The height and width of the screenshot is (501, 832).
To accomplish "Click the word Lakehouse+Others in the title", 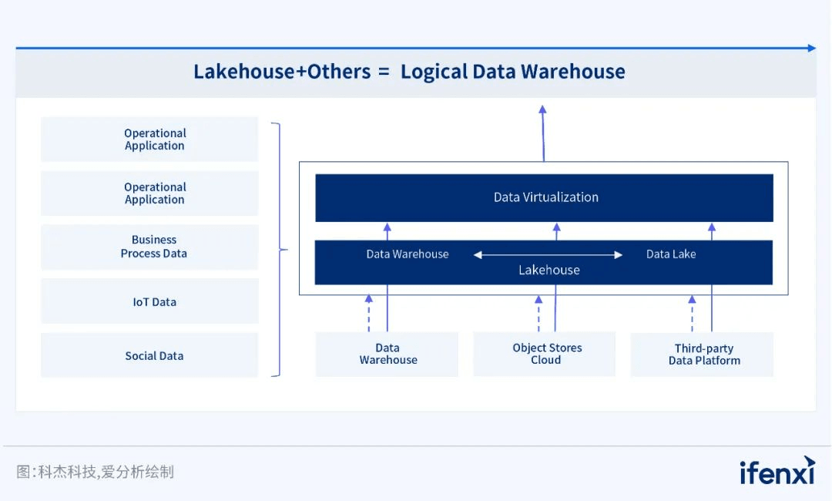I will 281,72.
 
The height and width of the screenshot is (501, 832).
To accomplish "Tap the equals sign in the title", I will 384,72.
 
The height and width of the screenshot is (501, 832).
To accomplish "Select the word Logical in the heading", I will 433,72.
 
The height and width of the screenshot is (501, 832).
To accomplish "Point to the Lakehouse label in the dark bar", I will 549,271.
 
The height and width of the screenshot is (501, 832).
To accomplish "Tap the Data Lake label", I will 670,254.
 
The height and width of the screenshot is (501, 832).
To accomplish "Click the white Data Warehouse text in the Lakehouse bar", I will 407,254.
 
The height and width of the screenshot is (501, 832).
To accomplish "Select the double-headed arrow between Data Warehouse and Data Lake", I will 548,254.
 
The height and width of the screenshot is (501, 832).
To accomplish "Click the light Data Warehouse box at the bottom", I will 387,354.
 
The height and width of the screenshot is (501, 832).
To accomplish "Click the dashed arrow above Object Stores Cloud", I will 538,313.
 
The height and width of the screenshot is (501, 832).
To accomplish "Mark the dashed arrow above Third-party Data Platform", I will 692,313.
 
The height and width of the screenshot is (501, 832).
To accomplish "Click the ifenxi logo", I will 776,470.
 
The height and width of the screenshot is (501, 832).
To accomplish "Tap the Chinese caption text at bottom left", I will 96,471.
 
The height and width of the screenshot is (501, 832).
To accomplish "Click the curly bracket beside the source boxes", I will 278,249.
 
